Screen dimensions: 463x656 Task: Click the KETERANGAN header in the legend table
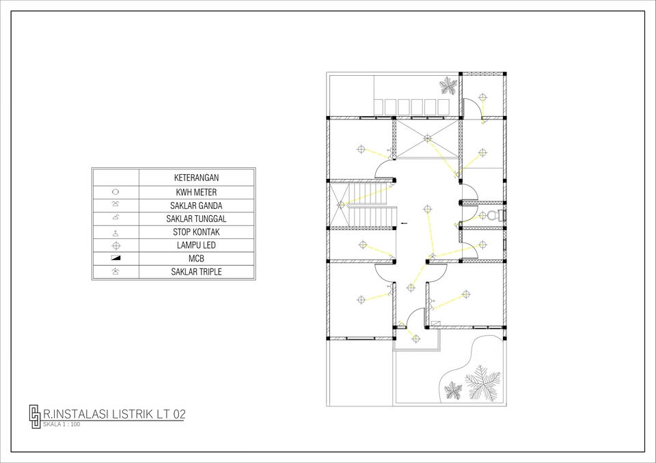pyautogui.click(x=196, y=178)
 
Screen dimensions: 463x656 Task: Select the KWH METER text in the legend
pyautogui.click(x=196, y=193)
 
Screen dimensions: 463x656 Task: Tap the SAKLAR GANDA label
pyautogui.click(x=196, y=206)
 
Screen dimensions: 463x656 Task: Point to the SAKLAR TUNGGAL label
pyautogui.click(x=196, y=219)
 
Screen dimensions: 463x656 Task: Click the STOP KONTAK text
pyautogui.click(x=196, y=232)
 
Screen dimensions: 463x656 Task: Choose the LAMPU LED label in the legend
pyautogui.click(x=196, y=245)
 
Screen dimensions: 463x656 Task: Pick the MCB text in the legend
pyautogui.click(x=196, y=259)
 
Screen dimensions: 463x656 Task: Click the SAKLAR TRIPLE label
pyautogui.click(x=196, y=272)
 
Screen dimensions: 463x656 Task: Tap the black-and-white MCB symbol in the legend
pyautogui.click(x=115, y=258)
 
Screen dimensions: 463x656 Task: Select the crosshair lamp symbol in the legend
pyautogui.click(x=115, y=245)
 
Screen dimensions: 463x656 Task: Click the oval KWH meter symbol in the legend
pyautogui.click(x=115, y=192)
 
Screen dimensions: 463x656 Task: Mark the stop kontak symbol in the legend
pyautogui.click(x=115, y=232)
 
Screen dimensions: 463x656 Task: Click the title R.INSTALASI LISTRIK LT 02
pyautogui.click(x=113, y=414)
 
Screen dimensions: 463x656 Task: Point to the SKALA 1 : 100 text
pyautogui.click(x=61, y=424)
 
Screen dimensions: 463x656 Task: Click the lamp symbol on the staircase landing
pyautogui.click(x=341, y=204)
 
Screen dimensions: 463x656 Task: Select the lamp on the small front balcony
pyautogui.click(x=415, y=338)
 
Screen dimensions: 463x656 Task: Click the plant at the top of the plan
pyautogui.click(x=448, y=86)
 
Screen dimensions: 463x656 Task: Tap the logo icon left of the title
pyautogui.click(x=34, y=416)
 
